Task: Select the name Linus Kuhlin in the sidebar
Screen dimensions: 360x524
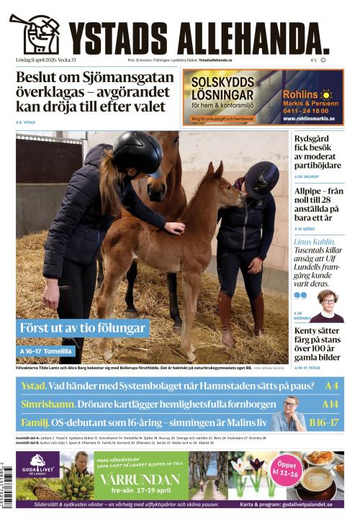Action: [x=314, y=242]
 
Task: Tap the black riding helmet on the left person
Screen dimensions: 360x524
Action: [x=137, y=153]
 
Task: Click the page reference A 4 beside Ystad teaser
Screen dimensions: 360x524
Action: [x=332, y=386]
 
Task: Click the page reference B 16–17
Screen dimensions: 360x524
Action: [x=323, y=423]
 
